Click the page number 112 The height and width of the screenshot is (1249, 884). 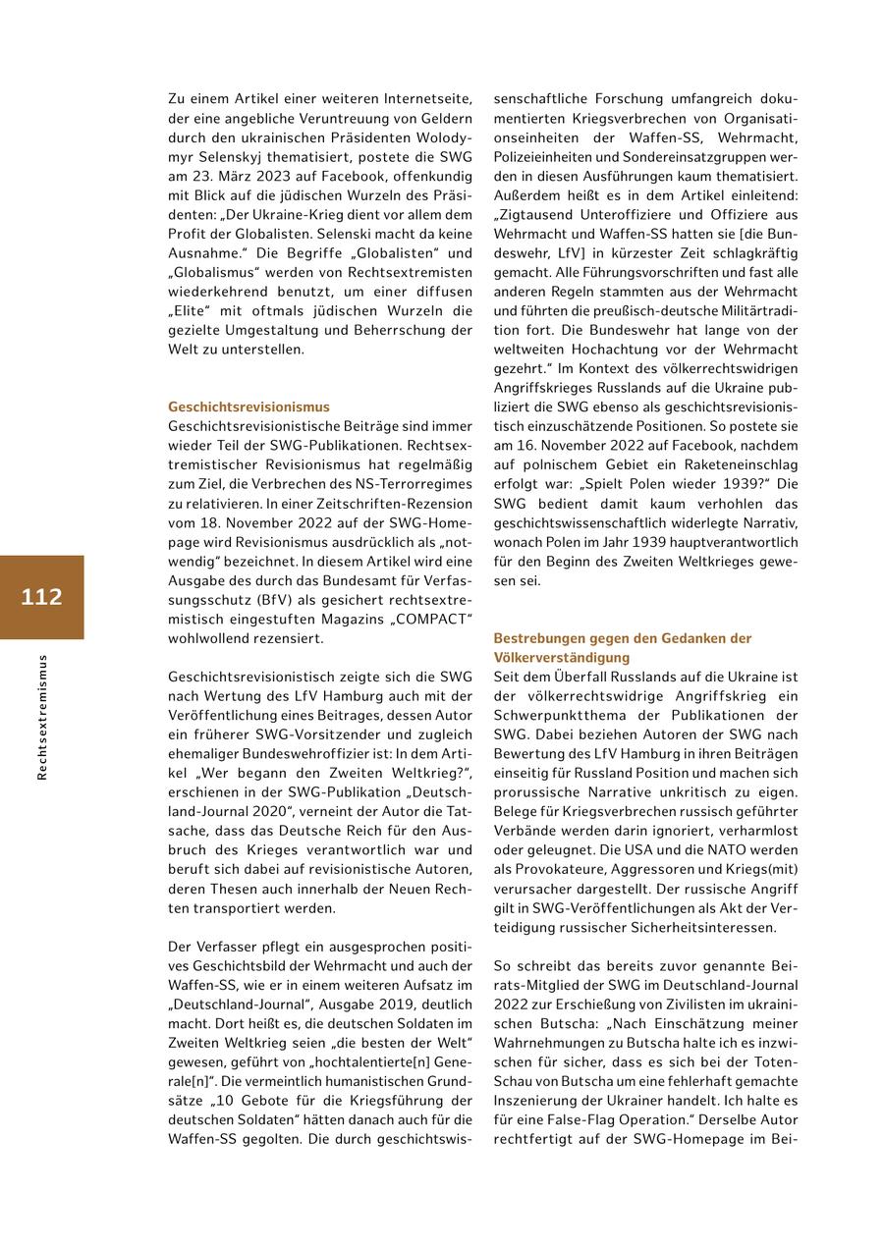pyautogui.click(x=41, y=597)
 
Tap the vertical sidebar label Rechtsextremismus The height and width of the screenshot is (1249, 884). pyautogui.click(x=41, y=717)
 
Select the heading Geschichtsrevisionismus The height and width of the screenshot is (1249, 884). pyautogui.click(x=249, y=407)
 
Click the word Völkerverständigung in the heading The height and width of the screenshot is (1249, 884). pyautogui.click(x=562, y=657)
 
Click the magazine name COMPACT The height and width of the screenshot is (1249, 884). pyautogui.click(x=429, y=619)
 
